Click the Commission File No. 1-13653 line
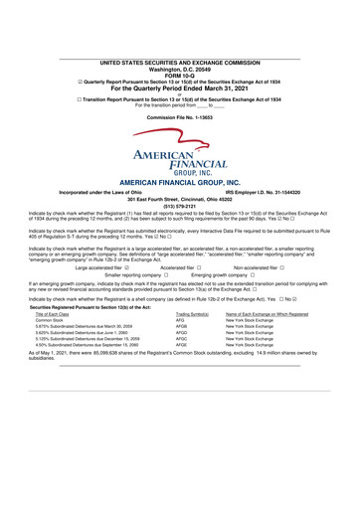[180, 117]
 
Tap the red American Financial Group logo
[180, 153]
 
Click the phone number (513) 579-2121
[180, 207]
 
